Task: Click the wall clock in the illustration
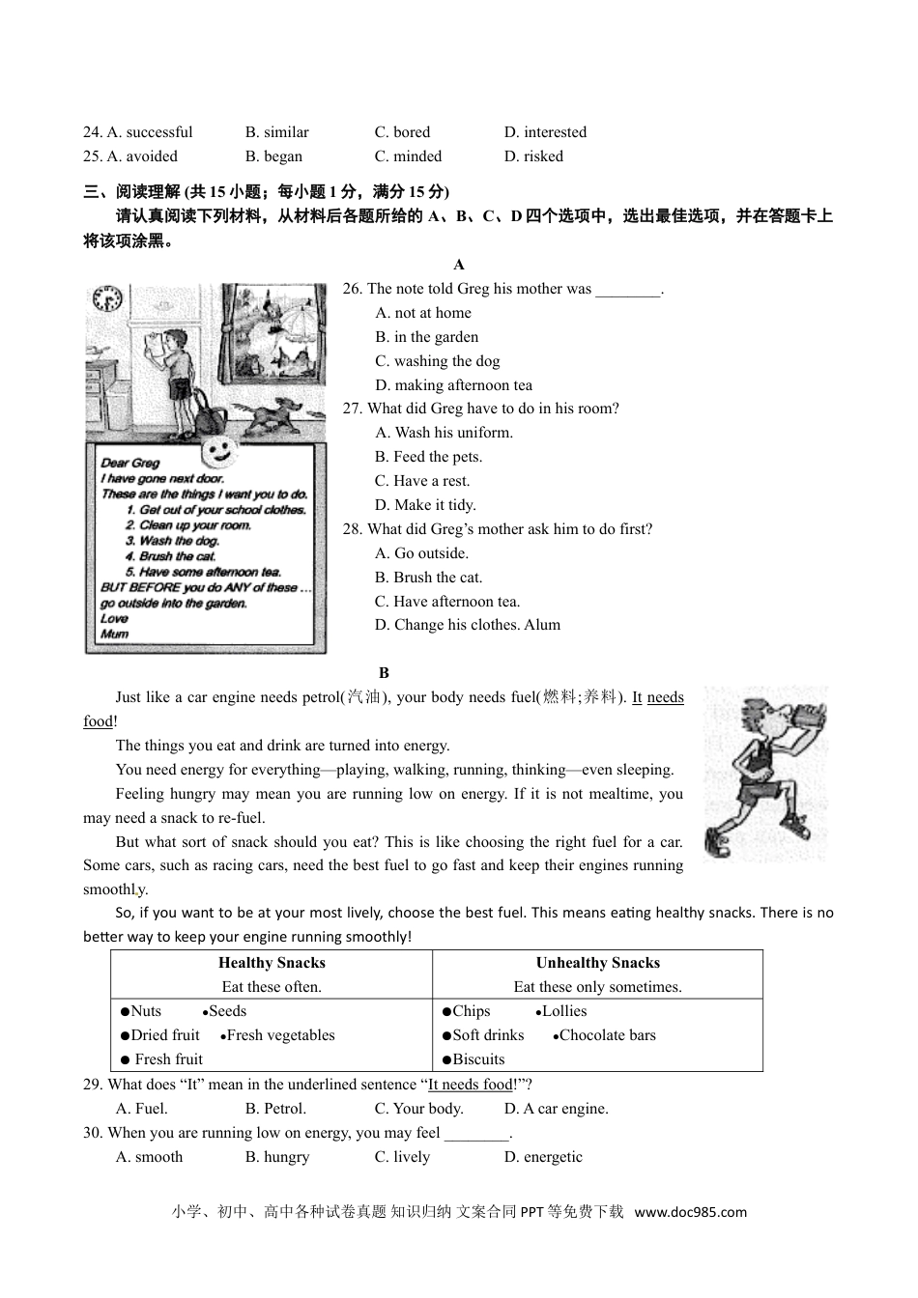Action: [106, 298]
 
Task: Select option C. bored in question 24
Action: [402, 132]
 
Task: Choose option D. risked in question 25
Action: [533, 156]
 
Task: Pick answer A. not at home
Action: [423, 313]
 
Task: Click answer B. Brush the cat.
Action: [428, 578]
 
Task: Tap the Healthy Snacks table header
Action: [272, 963]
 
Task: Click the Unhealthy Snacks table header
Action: [598, 963]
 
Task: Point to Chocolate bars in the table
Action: [607, 1035]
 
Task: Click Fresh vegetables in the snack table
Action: [280, 1035]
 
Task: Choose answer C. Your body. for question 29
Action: [418, 1109]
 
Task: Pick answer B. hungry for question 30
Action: [277, 1157]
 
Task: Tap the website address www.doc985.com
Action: [691, 1212]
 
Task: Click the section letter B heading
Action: [384, 673]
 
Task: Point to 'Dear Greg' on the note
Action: [130, 463]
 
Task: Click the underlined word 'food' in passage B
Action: [98, 721]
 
